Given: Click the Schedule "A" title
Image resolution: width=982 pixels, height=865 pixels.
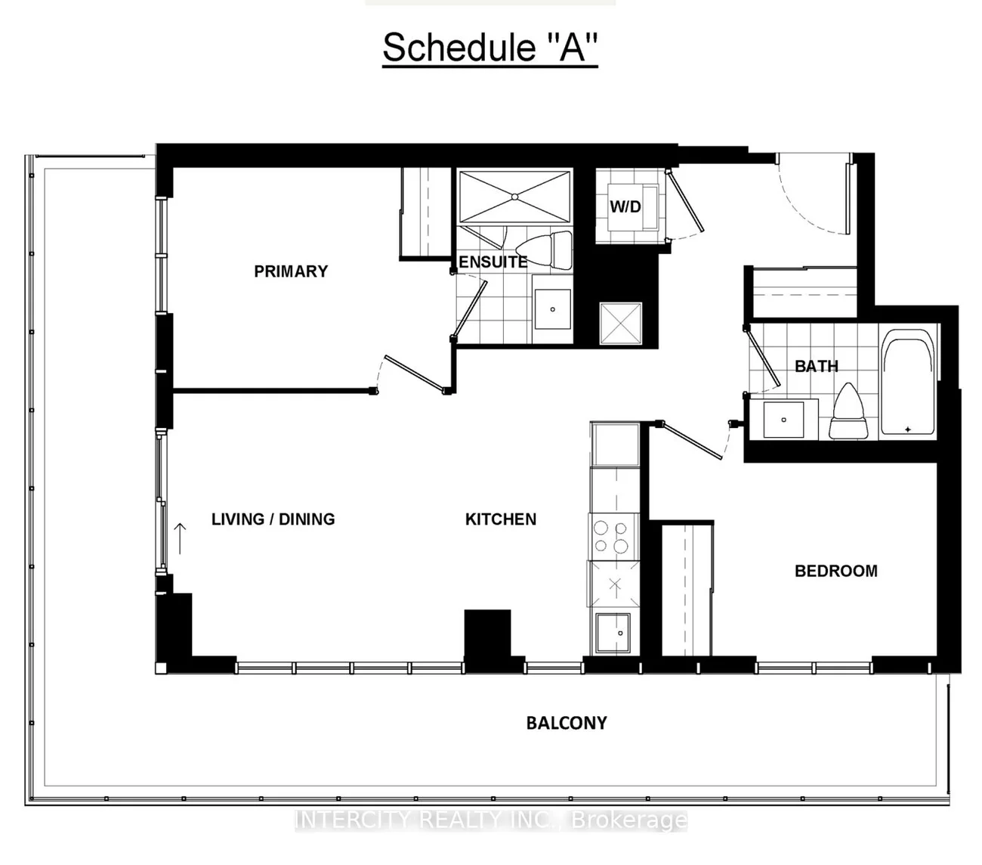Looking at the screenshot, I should (x=489, y=48).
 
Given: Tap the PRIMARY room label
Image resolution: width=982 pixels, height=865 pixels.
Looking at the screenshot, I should (x=291, y=271).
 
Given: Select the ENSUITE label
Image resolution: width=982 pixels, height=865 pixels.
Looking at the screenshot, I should (x=493, y=262).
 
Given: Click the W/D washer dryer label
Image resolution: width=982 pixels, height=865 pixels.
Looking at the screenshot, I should (x=625, y=207).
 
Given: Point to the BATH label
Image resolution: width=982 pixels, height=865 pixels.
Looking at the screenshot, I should (x=816, y=366).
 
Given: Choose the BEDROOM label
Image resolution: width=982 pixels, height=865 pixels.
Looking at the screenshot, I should (x=835, y=571).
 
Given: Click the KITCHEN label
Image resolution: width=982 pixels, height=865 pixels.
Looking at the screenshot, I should (x=501, y=519).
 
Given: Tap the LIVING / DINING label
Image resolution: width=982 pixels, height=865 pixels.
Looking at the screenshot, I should (x=273, y=519).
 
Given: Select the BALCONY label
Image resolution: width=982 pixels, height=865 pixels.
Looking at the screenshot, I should (x=567, y=724).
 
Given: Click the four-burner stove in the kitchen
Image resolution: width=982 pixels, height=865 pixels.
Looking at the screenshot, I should (x=612, y=538).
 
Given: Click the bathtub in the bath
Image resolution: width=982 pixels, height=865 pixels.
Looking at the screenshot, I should (x=909, y=385).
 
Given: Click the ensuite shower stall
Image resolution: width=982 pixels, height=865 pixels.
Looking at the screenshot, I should (x=515, y=196).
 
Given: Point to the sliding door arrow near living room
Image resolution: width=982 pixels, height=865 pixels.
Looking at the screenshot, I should (x=180, y=538).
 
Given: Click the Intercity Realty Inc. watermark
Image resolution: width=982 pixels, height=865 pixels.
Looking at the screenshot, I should (x=491, y=820).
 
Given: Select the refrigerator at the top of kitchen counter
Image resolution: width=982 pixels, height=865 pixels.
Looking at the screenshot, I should (x=615, y=445).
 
